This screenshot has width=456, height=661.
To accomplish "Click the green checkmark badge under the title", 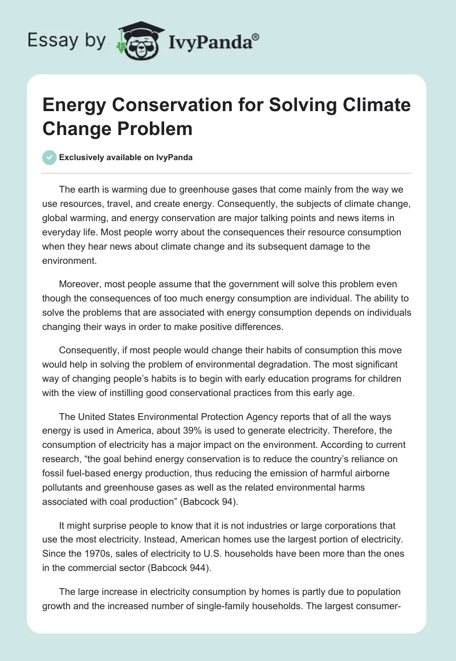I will pyautogui.click(x=50, y=158).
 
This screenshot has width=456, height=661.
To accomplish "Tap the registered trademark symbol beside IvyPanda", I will pyautogui.click(x=255, y=37).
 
